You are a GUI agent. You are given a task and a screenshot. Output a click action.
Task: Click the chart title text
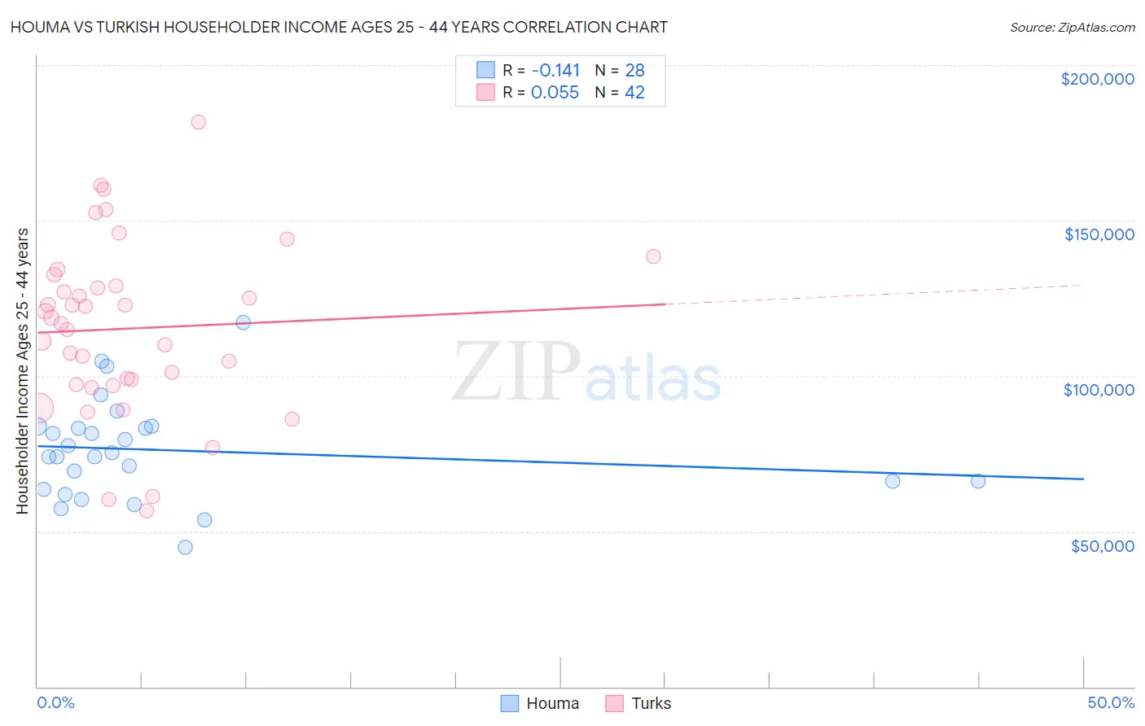tap(339, 27)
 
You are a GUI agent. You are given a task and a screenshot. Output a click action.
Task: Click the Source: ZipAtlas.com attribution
tap(1072, 28)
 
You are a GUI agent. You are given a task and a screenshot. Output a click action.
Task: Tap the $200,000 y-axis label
tap(1097, 79)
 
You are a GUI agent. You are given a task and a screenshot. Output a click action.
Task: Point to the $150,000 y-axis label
tap(1099, 234)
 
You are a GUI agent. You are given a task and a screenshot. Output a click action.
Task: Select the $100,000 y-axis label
tap(1099, 390)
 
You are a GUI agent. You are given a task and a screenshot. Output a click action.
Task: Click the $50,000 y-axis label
tap(1102, 545)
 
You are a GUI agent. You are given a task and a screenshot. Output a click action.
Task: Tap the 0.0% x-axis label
tap(55, 702)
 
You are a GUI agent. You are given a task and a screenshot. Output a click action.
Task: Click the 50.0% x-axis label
tap(1110, 702)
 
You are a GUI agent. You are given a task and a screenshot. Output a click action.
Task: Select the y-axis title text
tap(22, 371)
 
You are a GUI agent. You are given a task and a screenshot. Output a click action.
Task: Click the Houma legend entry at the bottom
tap(540, 703)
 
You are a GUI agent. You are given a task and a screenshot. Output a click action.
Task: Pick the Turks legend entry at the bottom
tap(639, 703)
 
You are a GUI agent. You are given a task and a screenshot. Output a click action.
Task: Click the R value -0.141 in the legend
tap(555, 70)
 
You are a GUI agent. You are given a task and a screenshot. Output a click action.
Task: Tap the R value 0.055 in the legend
tap(555, 93)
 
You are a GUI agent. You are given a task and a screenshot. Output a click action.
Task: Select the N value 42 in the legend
tap(634, 93)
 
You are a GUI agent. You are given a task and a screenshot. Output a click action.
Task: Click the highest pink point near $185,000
tap(198, 122)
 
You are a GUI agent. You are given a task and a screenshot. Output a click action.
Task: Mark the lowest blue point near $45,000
tap(185, 547)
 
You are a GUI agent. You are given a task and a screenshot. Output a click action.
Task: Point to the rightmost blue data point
tap(978, 481)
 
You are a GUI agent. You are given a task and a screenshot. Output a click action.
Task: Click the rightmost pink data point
tap(653, 256)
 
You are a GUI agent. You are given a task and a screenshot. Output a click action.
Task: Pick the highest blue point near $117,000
tap(243, 322)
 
